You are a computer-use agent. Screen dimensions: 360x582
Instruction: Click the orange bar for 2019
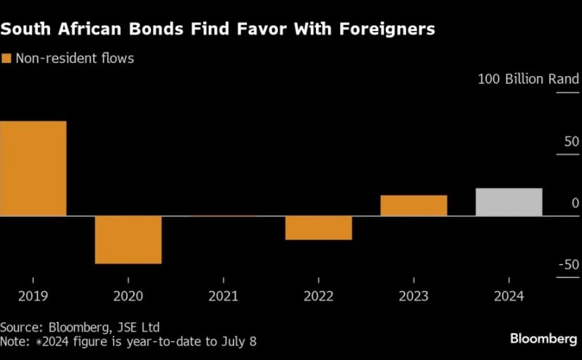click(33, 168)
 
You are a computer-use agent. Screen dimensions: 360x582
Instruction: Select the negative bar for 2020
click(128, 239)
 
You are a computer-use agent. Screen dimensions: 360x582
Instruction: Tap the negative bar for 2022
click(318, 227)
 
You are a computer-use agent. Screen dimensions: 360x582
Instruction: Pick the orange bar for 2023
click(413, 205)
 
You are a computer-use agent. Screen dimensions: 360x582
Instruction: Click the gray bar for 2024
click(509, 202)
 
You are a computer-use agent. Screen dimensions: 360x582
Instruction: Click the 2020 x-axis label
click(128, 296)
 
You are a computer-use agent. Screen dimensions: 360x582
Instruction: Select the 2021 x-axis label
click(223, 296)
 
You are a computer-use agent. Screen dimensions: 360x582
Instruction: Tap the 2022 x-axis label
click(318, 296)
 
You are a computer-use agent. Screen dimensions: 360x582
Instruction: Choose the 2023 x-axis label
click(413, 296)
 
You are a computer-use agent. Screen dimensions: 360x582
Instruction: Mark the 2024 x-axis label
click(509, 296)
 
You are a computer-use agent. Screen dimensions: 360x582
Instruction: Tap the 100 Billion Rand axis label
click(528, 79)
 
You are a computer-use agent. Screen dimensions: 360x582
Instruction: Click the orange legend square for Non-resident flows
click(6, 59)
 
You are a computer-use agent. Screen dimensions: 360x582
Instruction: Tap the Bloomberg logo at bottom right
click(543, 340)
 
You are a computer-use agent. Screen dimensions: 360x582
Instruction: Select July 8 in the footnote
click(238, 342)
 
